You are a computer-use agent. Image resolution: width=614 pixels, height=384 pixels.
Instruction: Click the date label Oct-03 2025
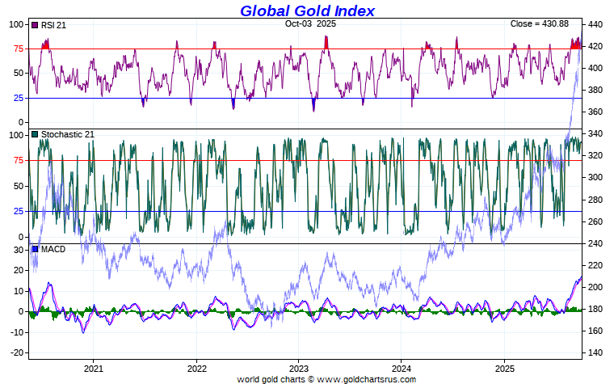click(x=310, y=24)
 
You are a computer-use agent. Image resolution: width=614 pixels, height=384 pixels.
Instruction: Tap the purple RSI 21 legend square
click(x=35, y=25)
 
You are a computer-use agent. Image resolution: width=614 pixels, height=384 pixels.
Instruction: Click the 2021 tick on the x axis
click(x=93, y=367)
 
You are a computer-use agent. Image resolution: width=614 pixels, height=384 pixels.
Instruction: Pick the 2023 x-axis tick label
click(x=298, y=367)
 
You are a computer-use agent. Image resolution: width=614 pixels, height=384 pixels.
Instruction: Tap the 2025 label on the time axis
click(x=504, y=367)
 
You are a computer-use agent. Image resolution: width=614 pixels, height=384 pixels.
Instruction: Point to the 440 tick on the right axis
click(x=596, y=24)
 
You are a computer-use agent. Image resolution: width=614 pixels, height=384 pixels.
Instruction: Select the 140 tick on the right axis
click(x=596, y=352)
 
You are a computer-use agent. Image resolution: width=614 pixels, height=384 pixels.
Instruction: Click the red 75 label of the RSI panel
click(x=16, y=49)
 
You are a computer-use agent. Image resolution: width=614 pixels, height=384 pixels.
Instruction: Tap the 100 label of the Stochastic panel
click(x=14, y=135)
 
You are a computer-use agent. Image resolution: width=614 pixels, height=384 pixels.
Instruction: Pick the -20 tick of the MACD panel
click(x=15, y=352)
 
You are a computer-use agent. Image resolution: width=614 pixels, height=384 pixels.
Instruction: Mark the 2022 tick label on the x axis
click(x=196, y=367)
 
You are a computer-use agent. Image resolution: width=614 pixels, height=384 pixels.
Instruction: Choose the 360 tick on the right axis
click(x=596, y=112)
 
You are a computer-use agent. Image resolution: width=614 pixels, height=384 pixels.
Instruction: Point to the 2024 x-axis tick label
click(x=402, y=367)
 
